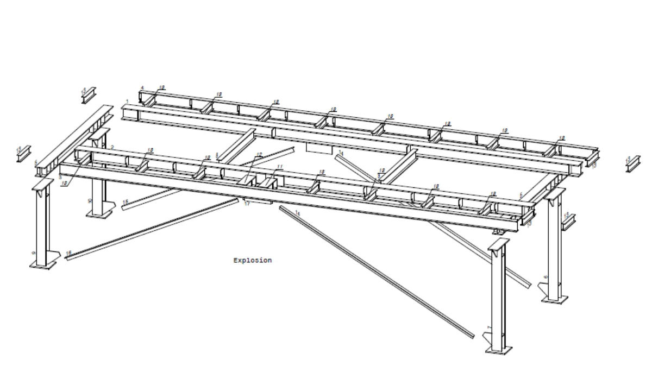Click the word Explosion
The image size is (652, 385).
(x=252, y=261)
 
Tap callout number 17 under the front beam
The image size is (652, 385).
(x=247, y=204)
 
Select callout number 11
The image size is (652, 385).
(x=279, y=167)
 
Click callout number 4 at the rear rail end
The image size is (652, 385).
(x=142, y=88)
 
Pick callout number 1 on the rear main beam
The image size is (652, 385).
(x=127, y=102)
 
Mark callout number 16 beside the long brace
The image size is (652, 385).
(x=68, y=253)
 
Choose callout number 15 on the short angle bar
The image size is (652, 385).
(x=126, y=202)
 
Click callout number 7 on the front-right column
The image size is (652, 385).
(x=489, y=327)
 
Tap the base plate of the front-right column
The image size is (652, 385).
(x=499, y=351)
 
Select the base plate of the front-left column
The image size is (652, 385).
(x=43, y=266)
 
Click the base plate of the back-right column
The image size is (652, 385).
(x=555, y=299)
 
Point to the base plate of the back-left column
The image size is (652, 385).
(x=100, y=214)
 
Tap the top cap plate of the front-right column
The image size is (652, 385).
(x=499, y=243)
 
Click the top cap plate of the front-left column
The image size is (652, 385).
(x=42, y=185)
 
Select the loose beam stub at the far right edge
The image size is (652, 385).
(x=632, y=163)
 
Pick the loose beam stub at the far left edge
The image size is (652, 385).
(x=23, y=153)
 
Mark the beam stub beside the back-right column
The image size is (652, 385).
(x=568, y=221)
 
